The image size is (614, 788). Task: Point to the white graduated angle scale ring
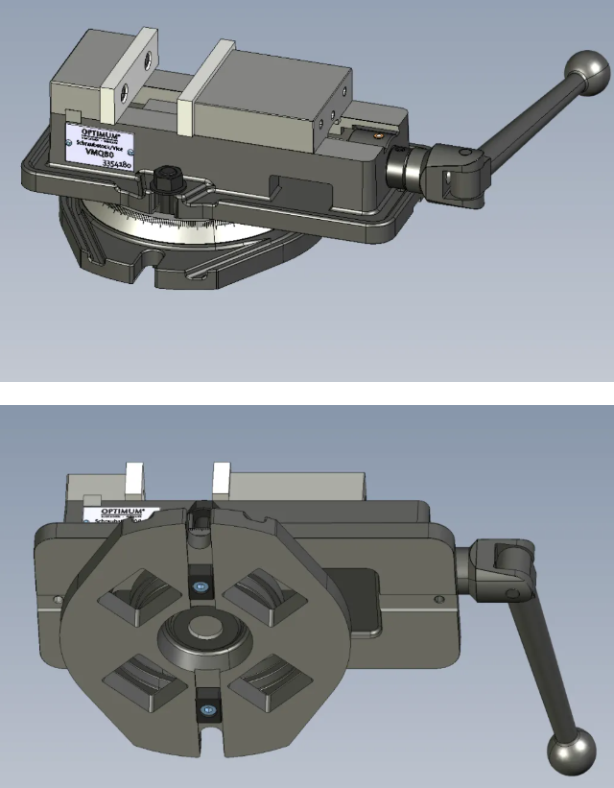(192, 227)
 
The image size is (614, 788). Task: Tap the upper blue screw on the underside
(201, 588)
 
